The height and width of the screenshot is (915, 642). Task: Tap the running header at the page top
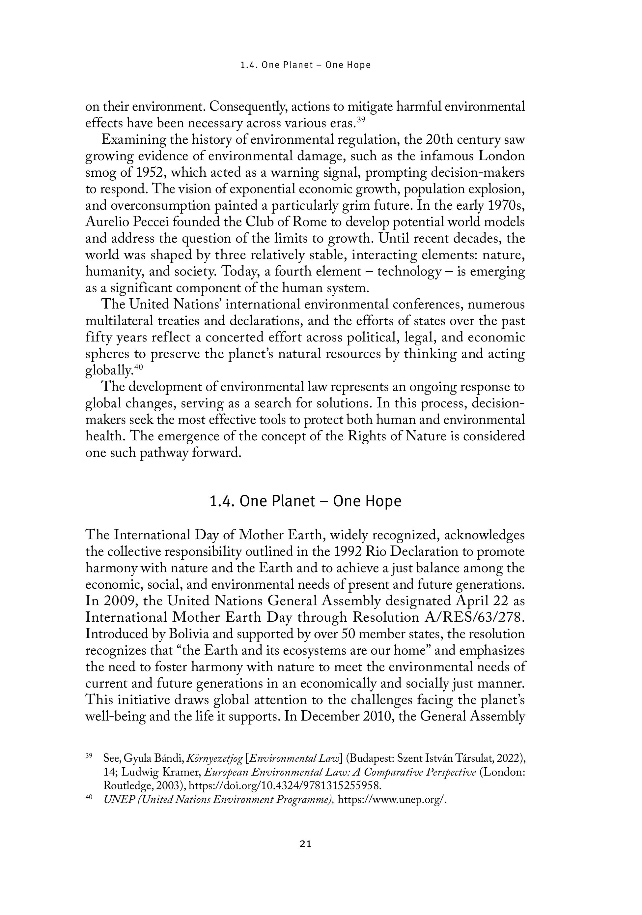(x=305, y=65)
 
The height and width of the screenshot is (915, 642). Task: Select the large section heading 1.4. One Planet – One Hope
(x=305, y=501)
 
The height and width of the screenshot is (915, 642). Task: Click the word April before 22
(x=473, y=601)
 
